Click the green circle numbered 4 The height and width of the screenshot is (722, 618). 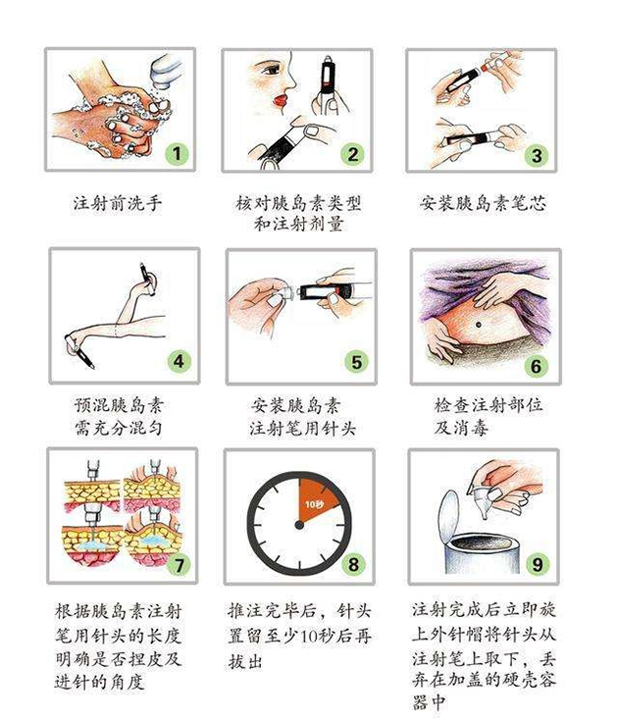coord(179,360)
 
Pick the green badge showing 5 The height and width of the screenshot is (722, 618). coord(357,361)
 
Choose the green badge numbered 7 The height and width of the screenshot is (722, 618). coord(178,566)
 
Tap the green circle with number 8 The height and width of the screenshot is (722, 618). coord(355,564)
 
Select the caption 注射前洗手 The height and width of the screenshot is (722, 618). coord(117,204)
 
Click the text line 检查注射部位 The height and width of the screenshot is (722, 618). coord(482,405)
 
